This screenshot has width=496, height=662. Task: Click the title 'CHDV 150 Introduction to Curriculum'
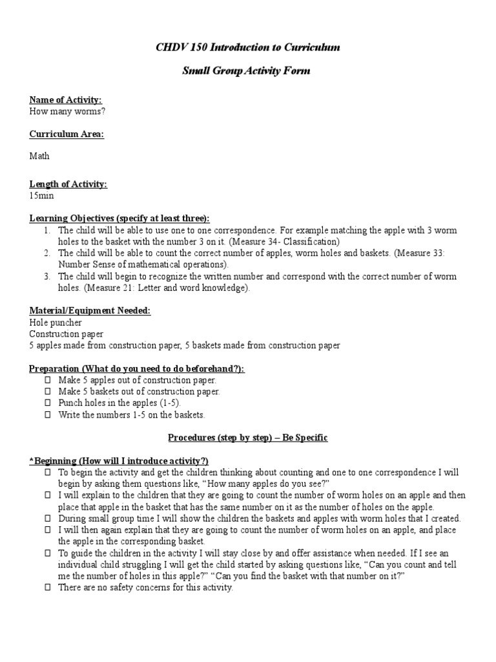pyautogui.click(x=248, y=47)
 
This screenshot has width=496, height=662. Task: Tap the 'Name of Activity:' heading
pyautogui.click(x=65, y=100)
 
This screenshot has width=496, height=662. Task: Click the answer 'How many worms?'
pyautogui.click(x=67, y=111)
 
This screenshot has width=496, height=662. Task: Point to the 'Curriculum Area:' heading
pyautogui.click(x=67, y=134)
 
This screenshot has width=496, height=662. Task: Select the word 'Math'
pyautogui.click(x=39, y=156)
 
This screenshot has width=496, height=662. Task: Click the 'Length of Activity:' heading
pyautogui.click(x=68, y=184)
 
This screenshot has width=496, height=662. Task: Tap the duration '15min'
pyautogui.click(x=42, y=195)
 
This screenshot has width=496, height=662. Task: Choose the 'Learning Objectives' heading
pyautogui.click(x=119, y=218)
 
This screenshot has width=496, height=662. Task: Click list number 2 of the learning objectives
pyautogui.click(x=47, y=253)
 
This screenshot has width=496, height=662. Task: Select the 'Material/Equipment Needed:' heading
pyautogui.click(x=90, y=311)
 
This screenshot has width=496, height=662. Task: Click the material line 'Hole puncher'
pyautogui.click(x=56, y=322)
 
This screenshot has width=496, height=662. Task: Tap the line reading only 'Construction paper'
pyautogui.click(x=66, y=334)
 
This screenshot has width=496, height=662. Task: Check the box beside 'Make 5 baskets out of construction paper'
pyautogui.click(x=47, y=392)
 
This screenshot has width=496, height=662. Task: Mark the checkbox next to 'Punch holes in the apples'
pyautogui.click(x=47, y=403)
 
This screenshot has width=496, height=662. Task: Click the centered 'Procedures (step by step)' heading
pyautogui.click(x=248, y=438)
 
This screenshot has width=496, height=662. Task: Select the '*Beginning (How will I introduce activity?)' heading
pyautogui.click(x=119, y=461)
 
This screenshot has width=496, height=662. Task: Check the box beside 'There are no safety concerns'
pyautogui.click(x=47, y=588)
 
